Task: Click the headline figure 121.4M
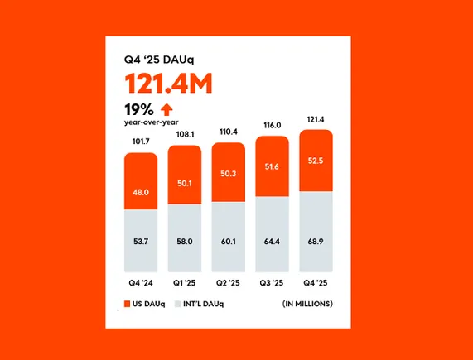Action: coord(169,84)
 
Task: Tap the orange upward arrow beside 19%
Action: coord(167,108)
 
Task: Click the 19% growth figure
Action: coord(138,108)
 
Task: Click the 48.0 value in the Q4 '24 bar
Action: coord(140,191)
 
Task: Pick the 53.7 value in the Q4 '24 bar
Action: coord(140,242)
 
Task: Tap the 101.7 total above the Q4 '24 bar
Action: coord(140,142)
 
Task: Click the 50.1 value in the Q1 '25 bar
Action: coord(184,185)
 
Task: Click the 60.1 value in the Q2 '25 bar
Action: coord(228,242)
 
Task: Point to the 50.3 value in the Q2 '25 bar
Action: coord(228,174)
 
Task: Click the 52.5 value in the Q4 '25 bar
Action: coord(316,161)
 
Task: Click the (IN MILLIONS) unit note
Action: coord(306,304)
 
